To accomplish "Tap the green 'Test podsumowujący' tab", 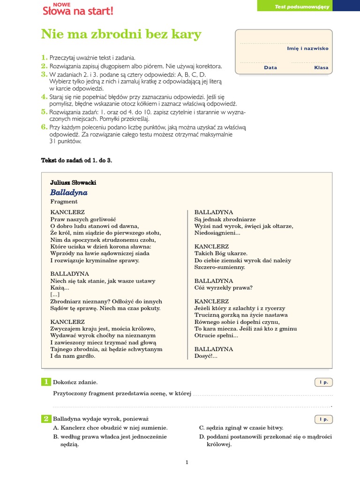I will coord(308,6).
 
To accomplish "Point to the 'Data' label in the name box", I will coord(270,67).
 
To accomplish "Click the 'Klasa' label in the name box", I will coord(321,67).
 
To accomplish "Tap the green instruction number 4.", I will coord(44,97).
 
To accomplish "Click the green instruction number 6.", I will coord(44,127).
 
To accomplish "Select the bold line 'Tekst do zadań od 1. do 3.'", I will coord(77,160).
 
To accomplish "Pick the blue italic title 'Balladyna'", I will coord(69,192).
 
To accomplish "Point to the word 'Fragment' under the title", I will coord(64,202).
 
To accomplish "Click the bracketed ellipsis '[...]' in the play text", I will coord(55,294).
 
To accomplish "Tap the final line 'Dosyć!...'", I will coord(206,356).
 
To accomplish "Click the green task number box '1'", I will coord(46,382).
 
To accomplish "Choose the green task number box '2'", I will coord(46,419).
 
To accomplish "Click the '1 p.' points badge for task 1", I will coord(323,382).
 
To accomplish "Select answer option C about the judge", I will coord(241,427).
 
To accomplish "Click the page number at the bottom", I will coord(187,462).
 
